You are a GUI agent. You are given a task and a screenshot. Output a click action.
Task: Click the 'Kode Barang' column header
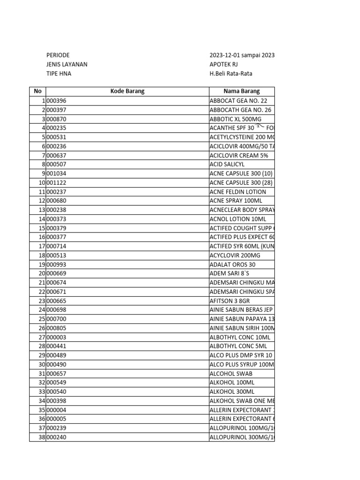coord(127,91)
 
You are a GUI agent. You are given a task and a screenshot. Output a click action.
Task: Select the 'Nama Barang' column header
coord(242,91)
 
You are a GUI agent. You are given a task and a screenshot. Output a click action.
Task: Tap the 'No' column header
coord(37,91)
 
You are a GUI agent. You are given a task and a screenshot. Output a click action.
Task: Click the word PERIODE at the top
coord(58,55)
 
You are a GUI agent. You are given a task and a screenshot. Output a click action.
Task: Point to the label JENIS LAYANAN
coord(67,65)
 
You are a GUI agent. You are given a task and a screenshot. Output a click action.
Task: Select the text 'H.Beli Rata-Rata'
coord(234,74)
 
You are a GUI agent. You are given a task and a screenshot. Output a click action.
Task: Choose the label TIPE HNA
coord(59,74)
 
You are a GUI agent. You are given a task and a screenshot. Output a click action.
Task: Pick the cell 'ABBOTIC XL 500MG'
coord(236,119)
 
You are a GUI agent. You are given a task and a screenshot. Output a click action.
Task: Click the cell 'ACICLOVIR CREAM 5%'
coord(239,155)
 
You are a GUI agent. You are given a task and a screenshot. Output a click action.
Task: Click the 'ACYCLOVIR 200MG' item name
coord(234,255)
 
